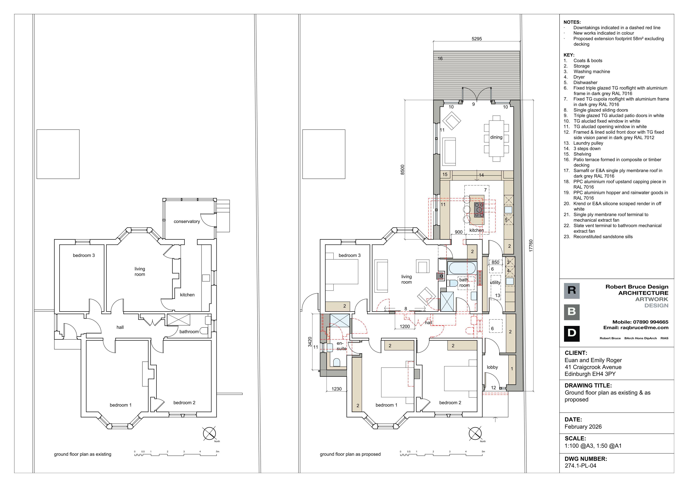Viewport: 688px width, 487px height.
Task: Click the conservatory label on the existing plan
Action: click(x=187, y=221)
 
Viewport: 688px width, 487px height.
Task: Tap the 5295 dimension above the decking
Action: click(x=477, y=39)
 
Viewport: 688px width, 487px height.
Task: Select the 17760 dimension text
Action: click(x=531, y=246)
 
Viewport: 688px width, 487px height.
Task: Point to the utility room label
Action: click(x=495, y=282)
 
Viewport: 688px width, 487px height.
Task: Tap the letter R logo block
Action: click(x=572, y=291)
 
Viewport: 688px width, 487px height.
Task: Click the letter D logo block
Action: click(x=572, y=334)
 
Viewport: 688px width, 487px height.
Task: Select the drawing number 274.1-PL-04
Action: click(x=580, y=466)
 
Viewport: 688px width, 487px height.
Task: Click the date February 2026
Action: click(x=583, y=427)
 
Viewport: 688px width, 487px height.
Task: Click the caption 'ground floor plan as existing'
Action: click(x=82, y=454)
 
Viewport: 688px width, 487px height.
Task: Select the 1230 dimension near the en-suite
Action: click(x=336, y=389)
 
